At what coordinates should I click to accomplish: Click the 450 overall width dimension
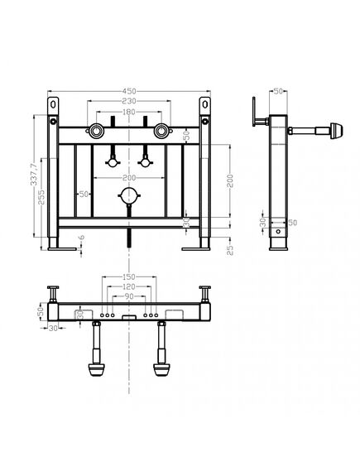pos(129,91)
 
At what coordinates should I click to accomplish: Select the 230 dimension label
pos(129,101)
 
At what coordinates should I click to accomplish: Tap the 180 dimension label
pos(129,112)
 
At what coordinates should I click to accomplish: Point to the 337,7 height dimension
pos(34,174)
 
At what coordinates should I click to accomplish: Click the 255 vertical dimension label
pos(41,197)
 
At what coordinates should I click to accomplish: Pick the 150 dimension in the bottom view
pos(129,276)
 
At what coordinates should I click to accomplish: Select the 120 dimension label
pos(129,286)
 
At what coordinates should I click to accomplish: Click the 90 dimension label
pos(129,296)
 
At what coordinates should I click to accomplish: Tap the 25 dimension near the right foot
pos(230,250)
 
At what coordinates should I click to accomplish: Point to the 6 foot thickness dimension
pos(82,238)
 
